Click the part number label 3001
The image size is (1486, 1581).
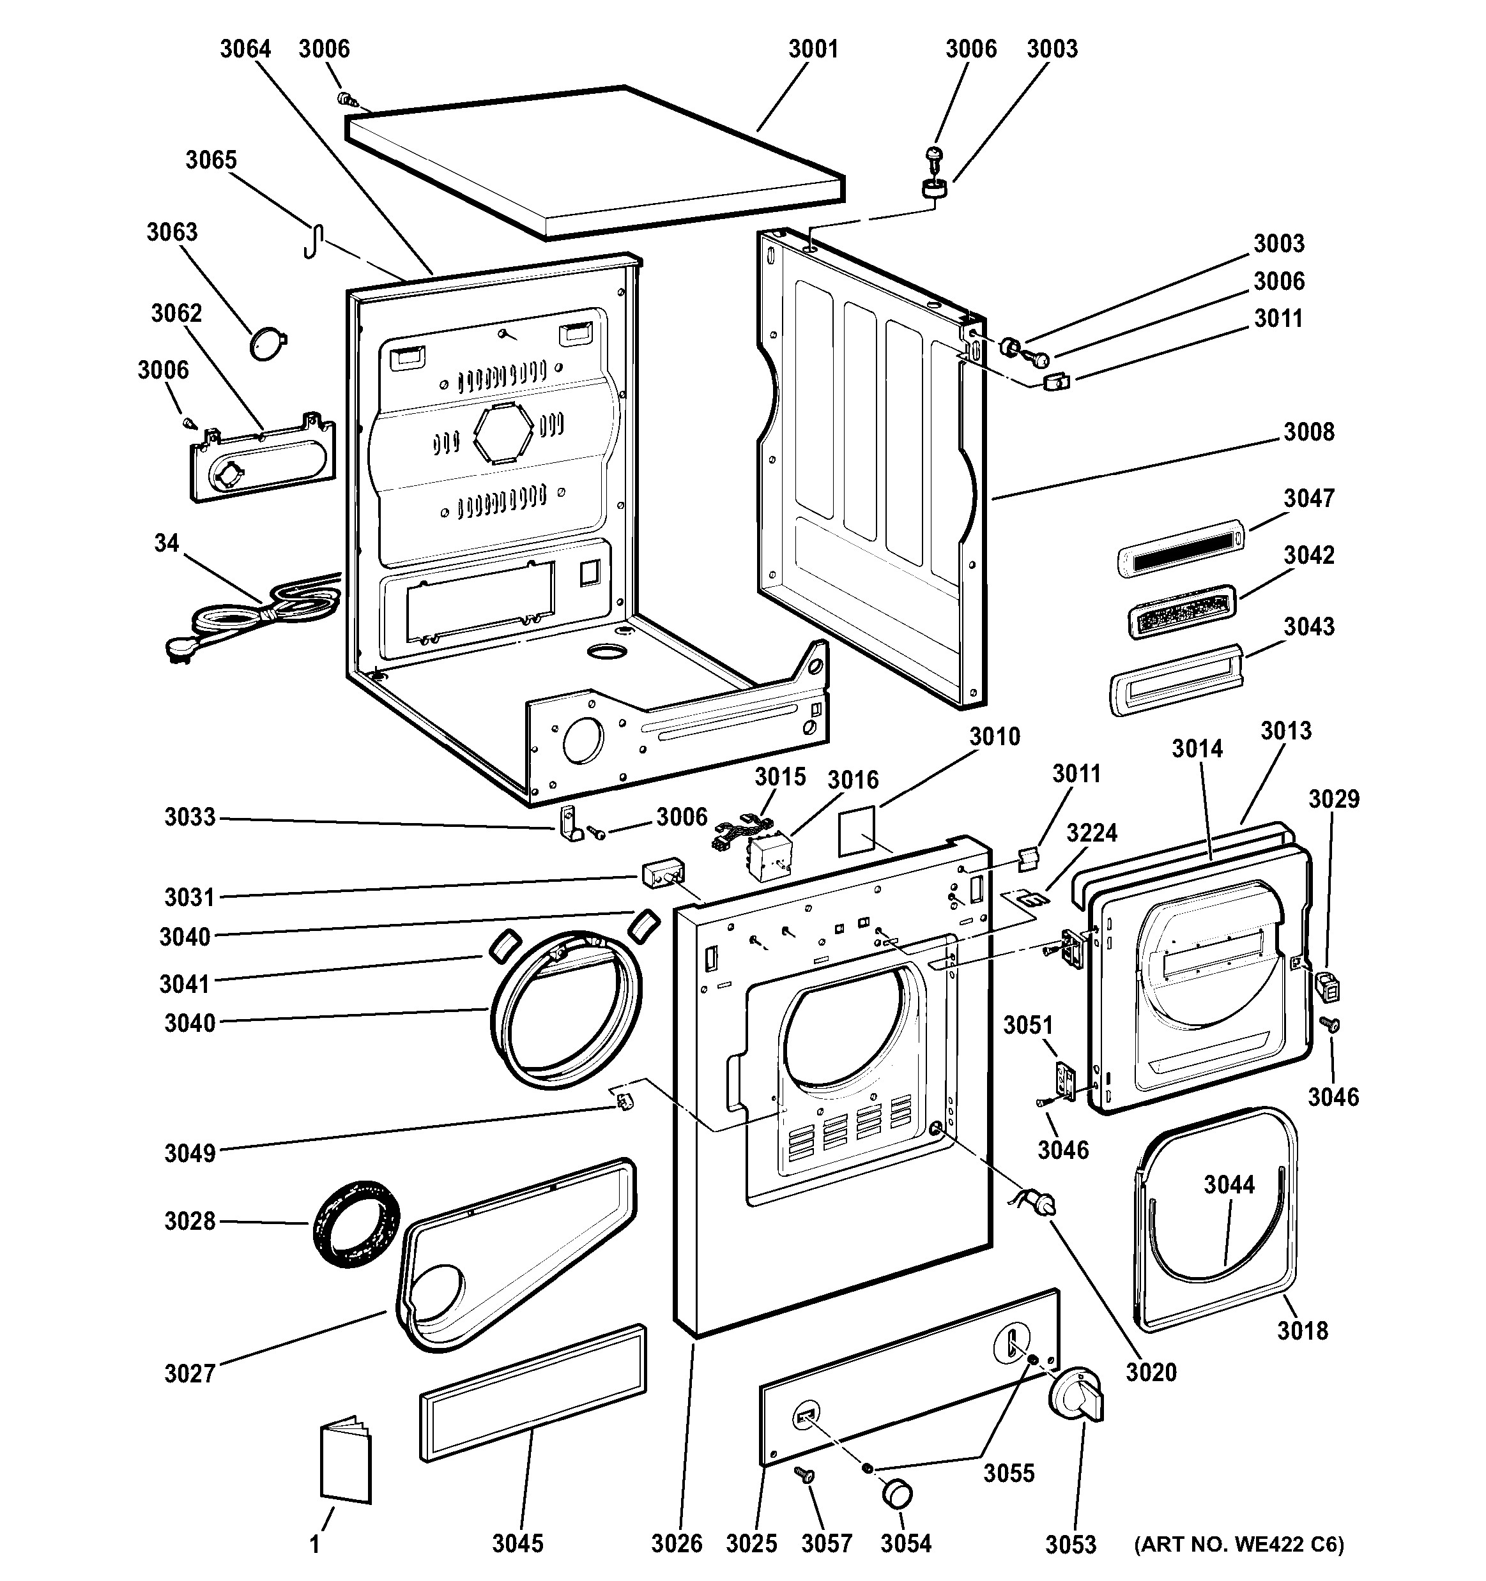coord(813,49)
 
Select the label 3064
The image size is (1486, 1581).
coord(245,49)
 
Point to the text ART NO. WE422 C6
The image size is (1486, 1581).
coord(1239,1545)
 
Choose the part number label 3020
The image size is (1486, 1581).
coord(1151,1372)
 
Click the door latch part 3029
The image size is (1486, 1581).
coord(1328,986)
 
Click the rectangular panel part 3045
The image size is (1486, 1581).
coord(532,1403)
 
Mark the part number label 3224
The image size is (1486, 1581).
coord(1091,833)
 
